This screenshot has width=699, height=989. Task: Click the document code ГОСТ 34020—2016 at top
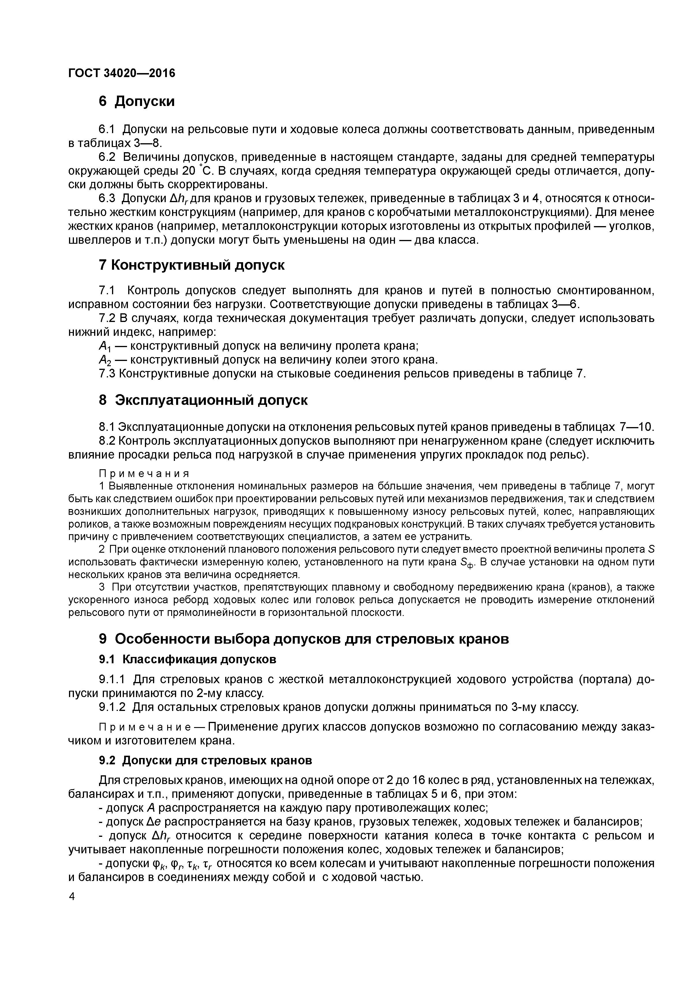coord(122,73)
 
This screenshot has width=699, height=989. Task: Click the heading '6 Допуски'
coord(137,101)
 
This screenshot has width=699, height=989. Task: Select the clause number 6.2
coord(107,157)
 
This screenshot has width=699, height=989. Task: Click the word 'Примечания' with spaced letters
coord(144,474)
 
